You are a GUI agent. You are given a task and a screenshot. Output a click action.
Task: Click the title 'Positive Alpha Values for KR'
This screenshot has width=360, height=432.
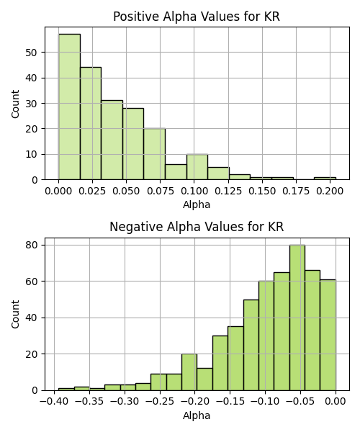point(197,17)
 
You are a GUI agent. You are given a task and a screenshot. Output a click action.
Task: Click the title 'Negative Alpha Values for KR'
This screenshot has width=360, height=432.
point(197,227)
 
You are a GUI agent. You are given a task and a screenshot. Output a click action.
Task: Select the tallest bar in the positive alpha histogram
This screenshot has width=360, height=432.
point(69,107)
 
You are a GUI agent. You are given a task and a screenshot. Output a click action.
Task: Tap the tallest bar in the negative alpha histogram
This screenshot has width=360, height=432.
point(297,318)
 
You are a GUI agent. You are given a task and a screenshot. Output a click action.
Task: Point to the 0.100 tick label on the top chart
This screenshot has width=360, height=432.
point(194,191)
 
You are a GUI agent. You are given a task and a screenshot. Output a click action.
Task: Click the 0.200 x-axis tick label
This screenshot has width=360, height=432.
point(330,191)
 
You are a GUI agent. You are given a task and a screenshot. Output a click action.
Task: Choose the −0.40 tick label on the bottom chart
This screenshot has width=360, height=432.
point(54,401)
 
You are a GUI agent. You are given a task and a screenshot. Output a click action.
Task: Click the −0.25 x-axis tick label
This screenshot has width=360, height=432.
point(160,401)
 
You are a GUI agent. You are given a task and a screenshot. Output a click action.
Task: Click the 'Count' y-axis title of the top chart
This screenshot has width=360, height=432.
point(15,104)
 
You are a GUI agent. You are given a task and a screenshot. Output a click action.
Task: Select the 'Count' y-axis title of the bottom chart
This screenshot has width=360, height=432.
point(15,315)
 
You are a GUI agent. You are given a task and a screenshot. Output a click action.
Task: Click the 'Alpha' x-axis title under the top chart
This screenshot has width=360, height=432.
point(197,204)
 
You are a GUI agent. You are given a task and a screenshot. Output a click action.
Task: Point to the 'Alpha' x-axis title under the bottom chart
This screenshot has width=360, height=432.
point(197,415)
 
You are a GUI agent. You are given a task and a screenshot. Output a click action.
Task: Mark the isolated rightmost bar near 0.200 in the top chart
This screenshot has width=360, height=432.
point(325,179)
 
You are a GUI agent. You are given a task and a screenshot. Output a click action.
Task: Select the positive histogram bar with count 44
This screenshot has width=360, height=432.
point(91,123)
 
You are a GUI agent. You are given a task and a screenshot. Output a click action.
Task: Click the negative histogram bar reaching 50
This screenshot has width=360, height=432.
point(251,345)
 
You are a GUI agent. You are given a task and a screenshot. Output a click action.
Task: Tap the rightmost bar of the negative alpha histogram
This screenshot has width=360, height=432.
point(328,335)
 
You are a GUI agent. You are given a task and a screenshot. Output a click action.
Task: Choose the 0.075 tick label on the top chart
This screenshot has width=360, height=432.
point(161,191)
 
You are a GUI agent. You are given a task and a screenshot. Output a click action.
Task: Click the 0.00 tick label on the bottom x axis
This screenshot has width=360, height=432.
point(336,401)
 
